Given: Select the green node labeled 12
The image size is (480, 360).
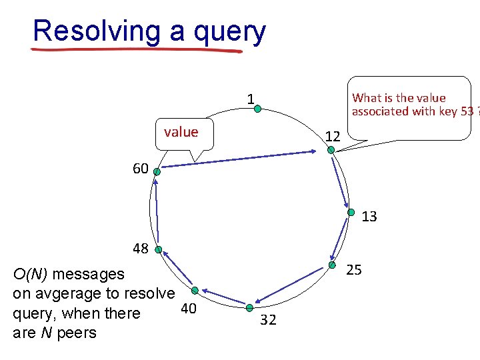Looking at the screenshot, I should point(331,150).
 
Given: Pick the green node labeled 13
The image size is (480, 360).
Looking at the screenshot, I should point(351,213).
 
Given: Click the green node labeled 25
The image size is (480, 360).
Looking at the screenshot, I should point(331,265).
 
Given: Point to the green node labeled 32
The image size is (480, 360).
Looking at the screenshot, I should point(249,307).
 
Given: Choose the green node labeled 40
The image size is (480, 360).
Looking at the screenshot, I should point(195,290).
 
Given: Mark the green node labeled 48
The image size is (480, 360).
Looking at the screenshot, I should point(159,250).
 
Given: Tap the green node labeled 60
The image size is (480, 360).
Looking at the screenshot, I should point(157,171).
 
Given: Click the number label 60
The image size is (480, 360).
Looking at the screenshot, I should point(140,169).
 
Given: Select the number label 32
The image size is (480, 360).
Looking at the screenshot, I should point(268,320).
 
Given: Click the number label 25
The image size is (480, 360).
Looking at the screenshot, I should point(355,270).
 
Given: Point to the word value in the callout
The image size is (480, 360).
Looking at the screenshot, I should point(181,132).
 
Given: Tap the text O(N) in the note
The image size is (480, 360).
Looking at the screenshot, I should point(31,274).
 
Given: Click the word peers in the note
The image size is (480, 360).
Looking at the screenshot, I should point(77,333).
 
